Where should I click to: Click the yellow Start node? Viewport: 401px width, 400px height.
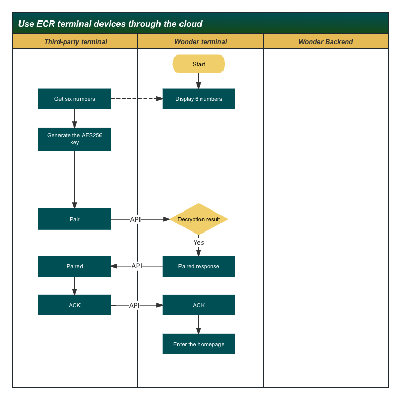pyautogui.click(x=198, y=64)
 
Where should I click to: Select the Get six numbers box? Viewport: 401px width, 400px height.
pyautogui.click(x=74, y=99)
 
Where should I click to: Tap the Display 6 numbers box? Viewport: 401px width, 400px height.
pyautogui.click(x=198, y=99)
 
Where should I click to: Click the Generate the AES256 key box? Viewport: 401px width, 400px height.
pyautogui.click(x=74, y=139)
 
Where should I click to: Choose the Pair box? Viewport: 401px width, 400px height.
pyautogui.click(x=74, y=219)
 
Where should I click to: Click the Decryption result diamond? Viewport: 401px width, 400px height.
pyautogui.click(x=198, y=219)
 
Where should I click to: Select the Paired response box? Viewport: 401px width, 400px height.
pyautogui.click(x=198, y=266)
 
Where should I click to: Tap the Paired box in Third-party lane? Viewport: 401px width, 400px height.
pyautogui.click(x=74, y=266)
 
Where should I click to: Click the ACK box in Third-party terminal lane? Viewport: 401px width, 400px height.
pyautogui.click(x=74, y=305)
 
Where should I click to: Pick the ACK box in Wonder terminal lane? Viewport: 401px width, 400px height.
pyautogui.click(x=198, y=305)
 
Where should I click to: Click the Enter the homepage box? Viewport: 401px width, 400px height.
pyautogui.click(x=198, y=344)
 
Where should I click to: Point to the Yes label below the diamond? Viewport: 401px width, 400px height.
pyautogui.click(x=198, y=242)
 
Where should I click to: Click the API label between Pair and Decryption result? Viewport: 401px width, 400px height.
pyautogui.click(x=135, y=219)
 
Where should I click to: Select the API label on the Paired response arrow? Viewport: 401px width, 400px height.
pyautogui.click(x=136, y=266)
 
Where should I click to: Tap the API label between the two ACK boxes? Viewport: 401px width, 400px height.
pyautogui.click(x=134, y=305)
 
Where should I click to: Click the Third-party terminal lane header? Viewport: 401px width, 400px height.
pyautogui.click(x=75, y=41)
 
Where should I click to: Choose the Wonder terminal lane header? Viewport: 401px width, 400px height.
pyautogui.click(x=200, y=41)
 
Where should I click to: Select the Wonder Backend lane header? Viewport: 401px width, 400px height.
pyautogui.click(x=326, y=41)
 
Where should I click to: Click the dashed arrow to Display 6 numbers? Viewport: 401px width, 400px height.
pyautogui.click(x=136, y=99)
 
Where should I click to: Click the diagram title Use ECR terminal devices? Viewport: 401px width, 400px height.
pyautogui.click(x=110, y=24)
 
